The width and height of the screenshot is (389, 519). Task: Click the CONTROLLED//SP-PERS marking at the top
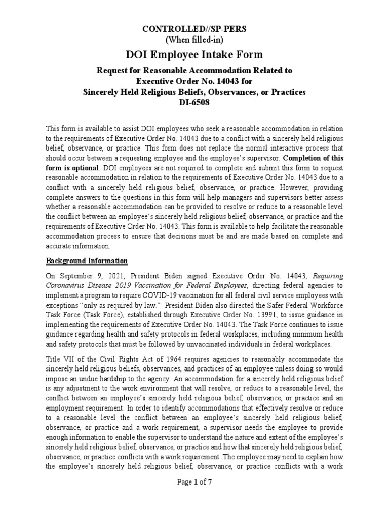click(194, 29)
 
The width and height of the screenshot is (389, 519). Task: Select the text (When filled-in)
click(194, 40)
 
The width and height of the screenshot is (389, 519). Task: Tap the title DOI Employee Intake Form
click(194, 55)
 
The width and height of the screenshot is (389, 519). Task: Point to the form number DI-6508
click(194, 102)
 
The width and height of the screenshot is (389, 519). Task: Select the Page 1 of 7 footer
click(194, 482)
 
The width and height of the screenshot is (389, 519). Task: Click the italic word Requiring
click(328, 276)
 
